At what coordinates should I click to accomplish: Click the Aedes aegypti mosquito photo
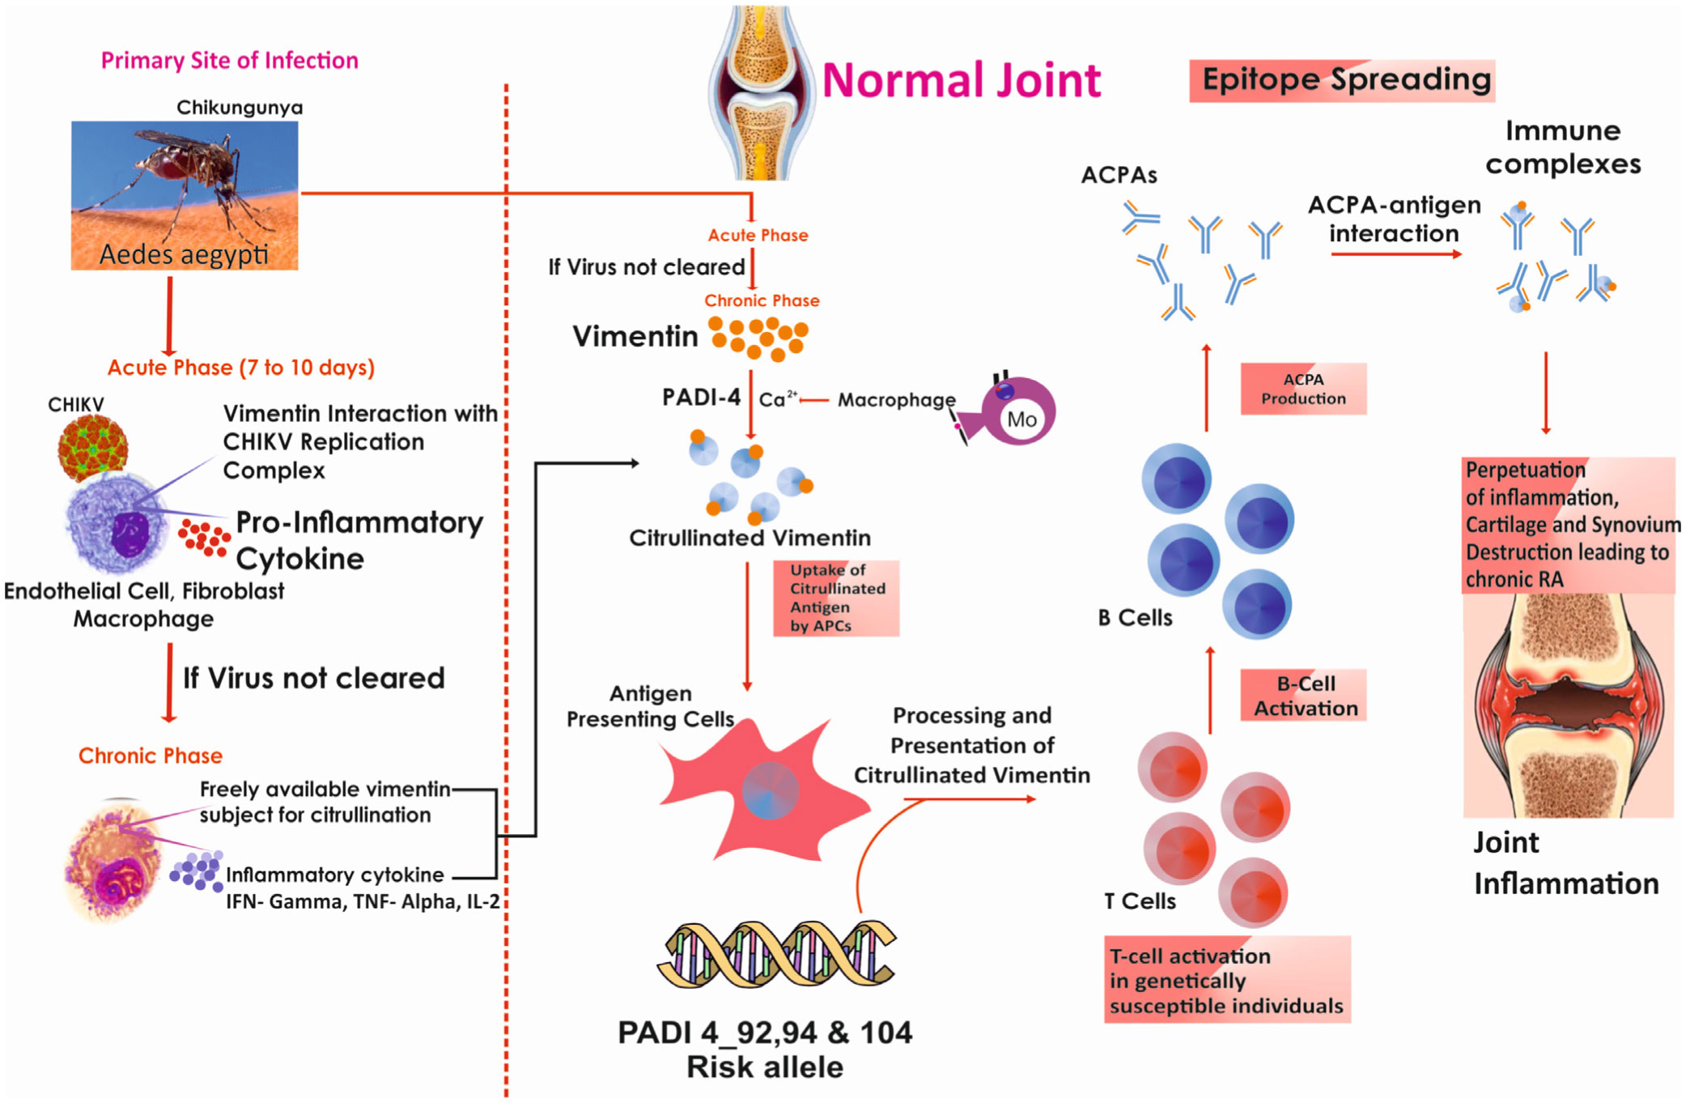tap(185, 194)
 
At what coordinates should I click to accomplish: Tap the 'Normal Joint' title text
tap(961, 81)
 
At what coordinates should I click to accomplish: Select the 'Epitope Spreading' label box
tap(1342, 80)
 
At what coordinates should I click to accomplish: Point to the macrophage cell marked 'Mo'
tap(1016, 413)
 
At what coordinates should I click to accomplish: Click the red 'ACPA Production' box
tap(1303, 390)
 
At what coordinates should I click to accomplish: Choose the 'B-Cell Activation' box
tap(1303, 696)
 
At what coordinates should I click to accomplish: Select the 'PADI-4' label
tap(701, 397)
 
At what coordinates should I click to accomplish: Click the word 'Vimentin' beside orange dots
tap(635, 336)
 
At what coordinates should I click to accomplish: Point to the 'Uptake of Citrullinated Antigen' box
tap(836, 598)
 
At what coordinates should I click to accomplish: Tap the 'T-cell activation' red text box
tap(1227, 980)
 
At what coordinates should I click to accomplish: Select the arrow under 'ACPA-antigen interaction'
tap(1395, 254)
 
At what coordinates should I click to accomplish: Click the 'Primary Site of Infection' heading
tap(229, 61)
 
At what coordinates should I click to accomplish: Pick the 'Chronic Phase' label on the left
tap(151, 756)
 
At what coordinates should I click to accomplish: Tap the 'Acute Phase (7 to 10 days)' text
tap(241, 368)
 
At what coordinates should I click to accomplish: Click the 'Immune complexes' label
tap(1562, 147)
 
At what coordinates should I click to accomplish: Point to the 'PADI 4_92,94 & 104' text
tap(765, 1033)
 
